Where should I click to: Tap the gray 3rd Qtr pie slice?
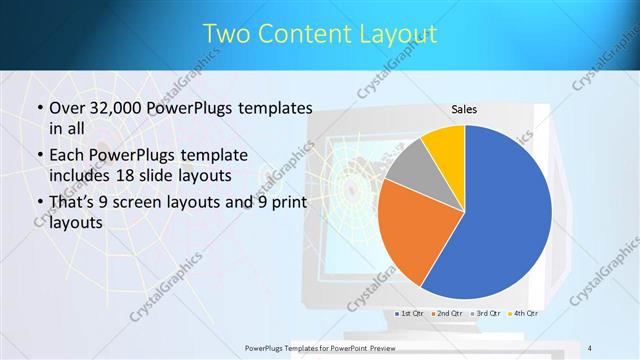point(408,168)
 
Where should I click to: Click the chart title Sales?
point(464,109)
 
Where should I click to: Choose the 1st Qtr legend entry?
point(410,314)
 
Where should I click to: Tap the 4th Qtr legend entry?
point(522,314)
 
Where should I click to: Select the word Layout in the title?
point(397,34)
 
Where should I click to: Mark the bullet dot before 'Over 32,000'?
point(39,109)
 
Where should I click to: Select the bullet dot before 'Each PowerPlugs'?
point(39,156)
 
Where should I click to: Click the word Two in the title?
point(229,34)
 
